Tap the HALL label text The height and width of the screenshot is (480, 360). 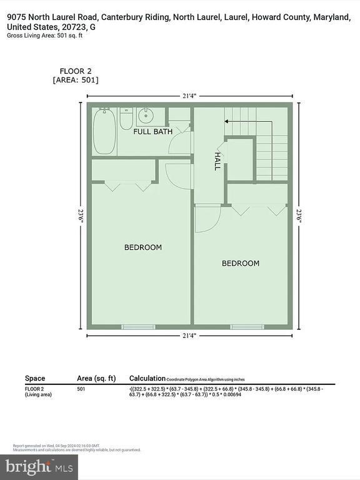point(217,161)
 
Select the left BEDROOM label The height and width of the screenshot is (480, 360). point(142,247)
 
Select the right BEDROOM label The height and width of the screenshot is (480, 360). point(240,263)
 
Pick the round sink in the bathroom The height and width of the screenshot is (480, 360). point(147,115)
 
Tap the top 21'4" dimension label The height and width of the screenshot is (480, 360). point(189,96)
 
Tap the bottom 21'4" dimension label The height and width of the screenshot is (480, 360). point(189,336)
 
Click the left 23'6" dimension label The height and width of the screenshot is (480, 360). point(81,215)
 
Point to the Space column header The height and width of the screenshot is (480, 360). point(35,378)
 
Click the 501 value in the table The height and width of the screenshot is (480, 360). point(81,389)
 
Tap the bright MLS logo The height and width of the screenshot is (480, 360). point(39,466)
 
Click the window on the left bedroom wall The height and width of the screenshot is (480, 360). point(138,326)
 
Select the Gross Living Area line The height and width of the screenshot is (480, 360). point(45,36)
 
